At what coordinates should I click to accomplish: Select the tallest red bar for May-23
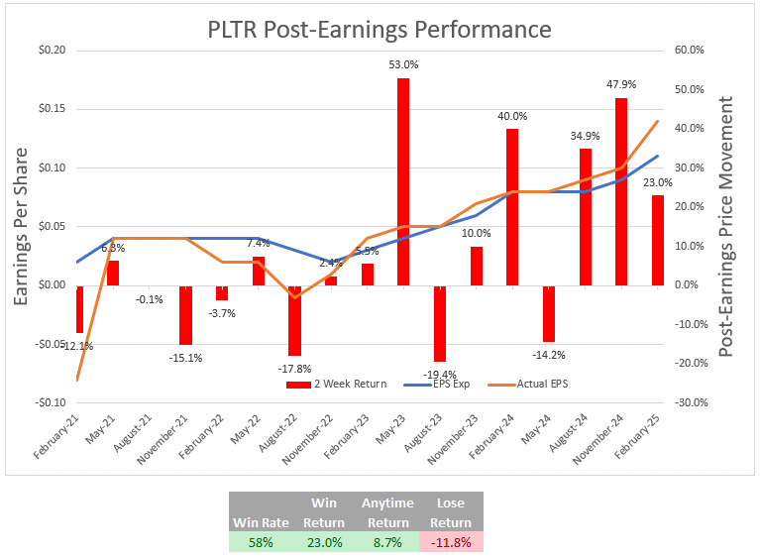tap(403, 181)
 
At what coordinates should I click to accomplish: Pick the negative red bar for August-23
tap(440, 323)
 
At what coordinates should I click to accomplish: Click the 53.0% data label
tap(403, 65)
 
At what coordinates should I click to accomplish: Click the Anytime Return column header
tap(387, 512)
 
